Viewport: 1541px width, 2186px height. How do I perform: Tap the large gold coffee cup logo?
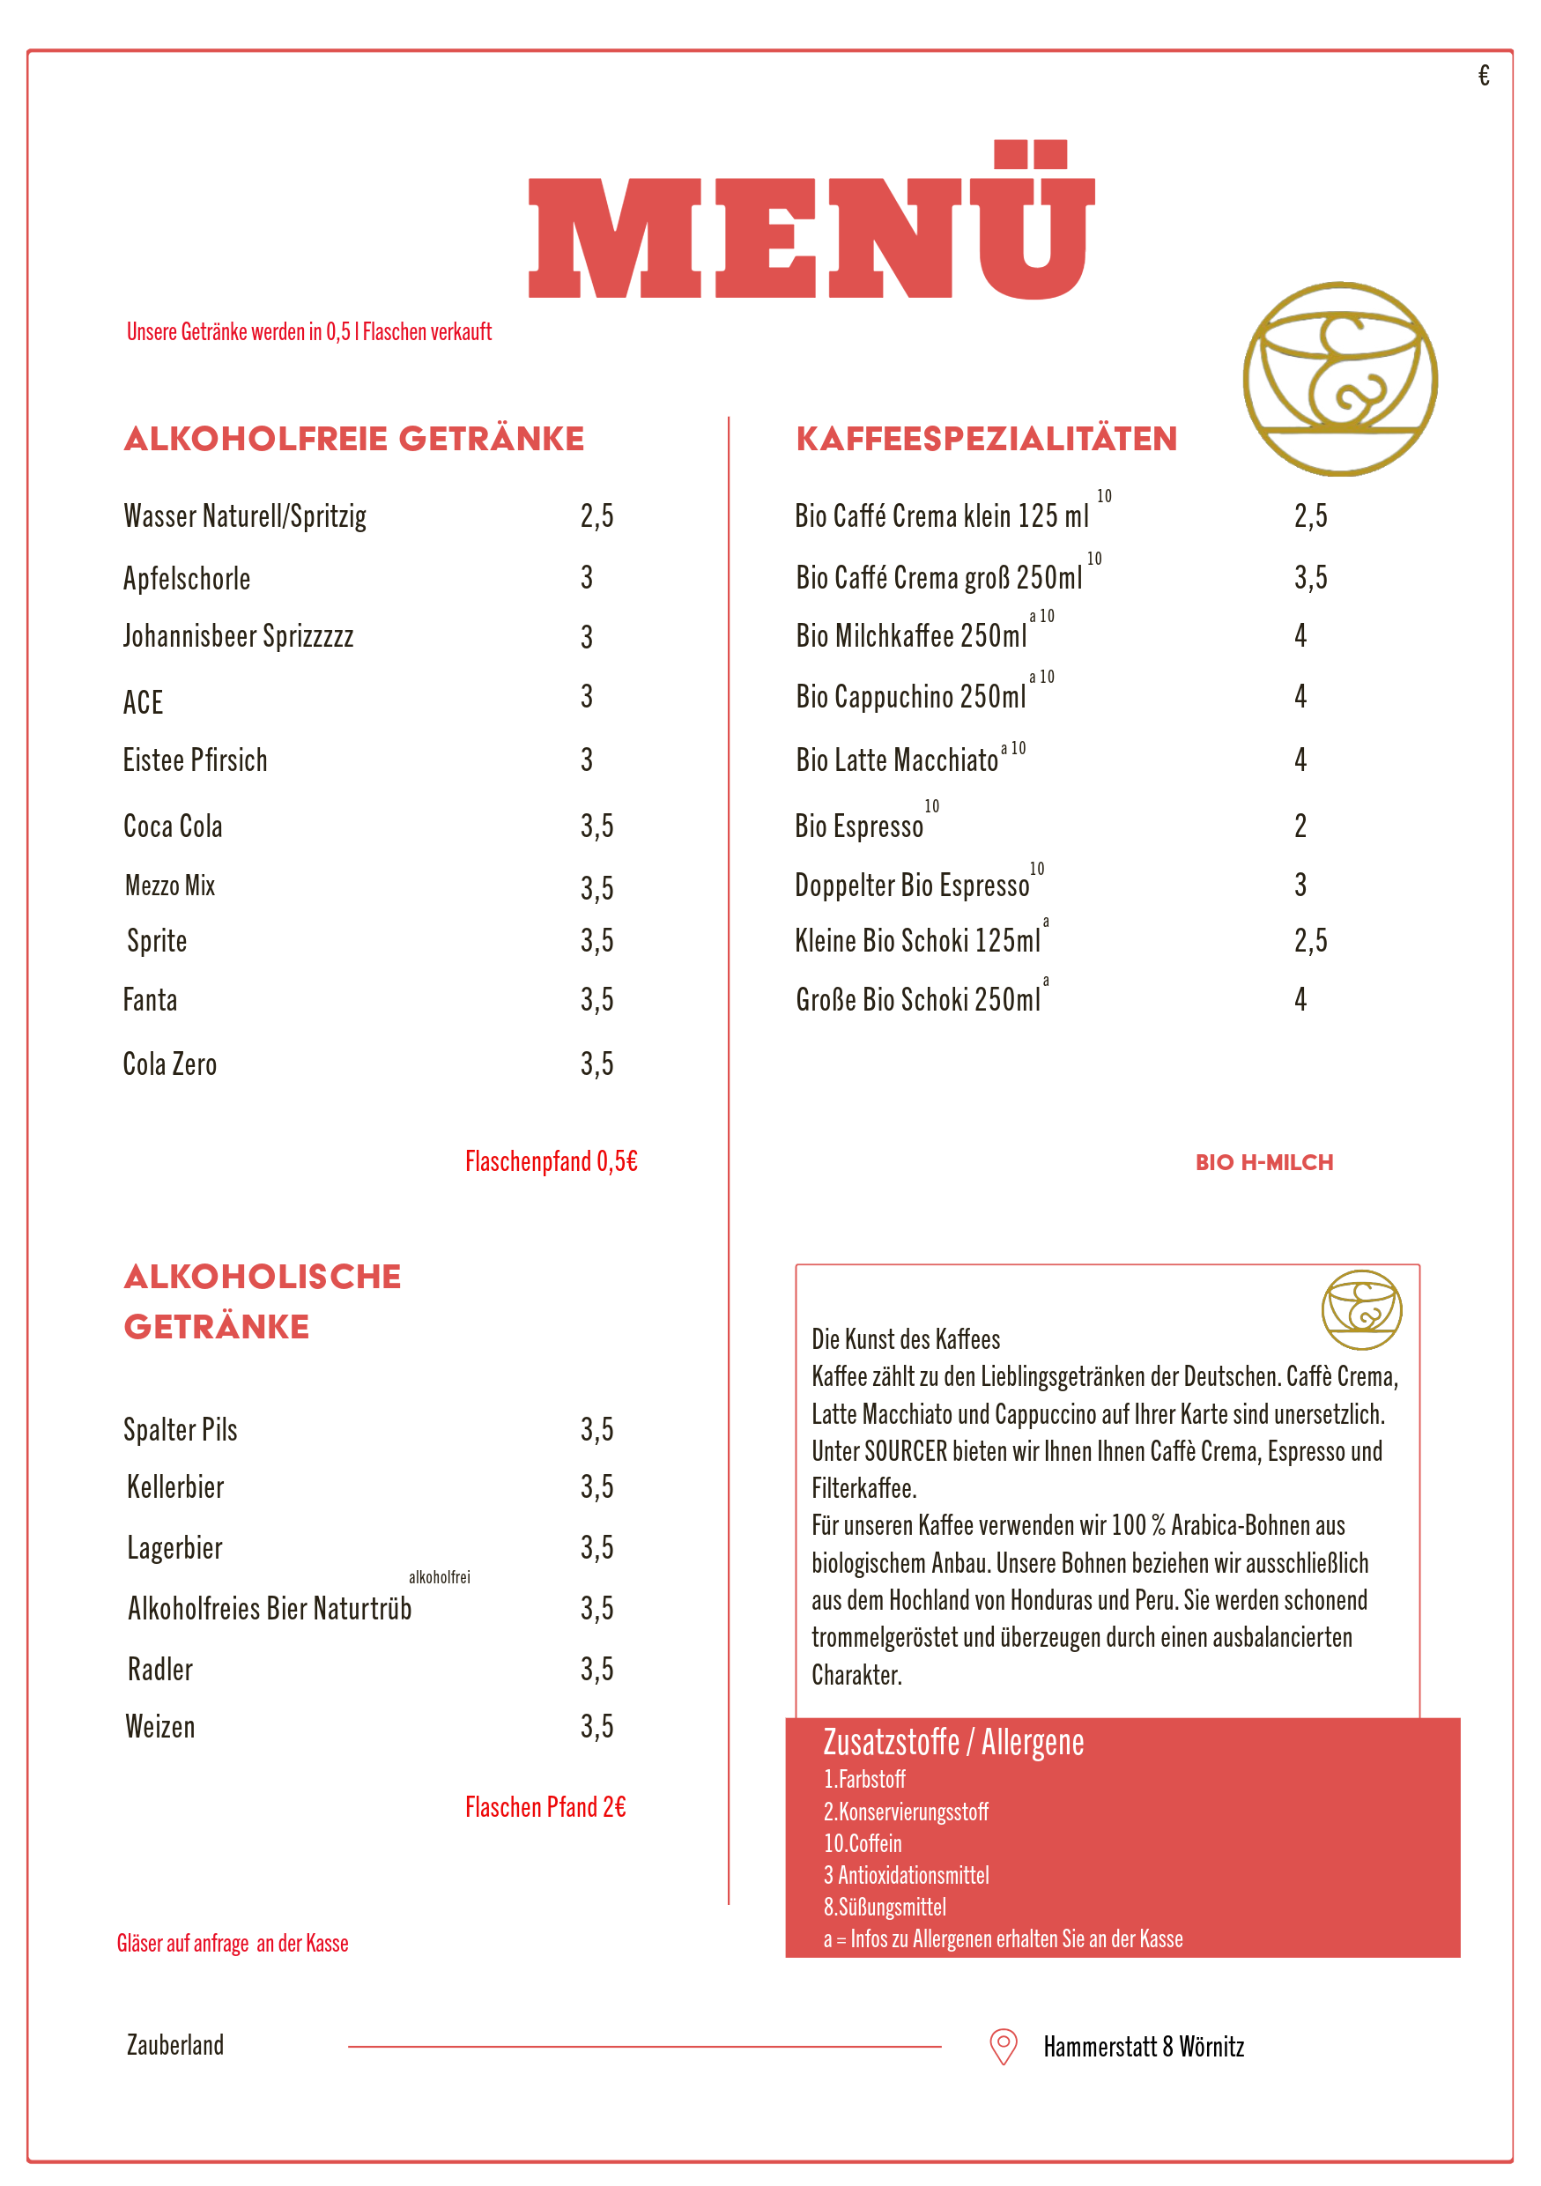[1339, 379]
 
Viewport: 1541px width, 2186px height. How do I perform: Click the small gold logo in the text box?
[1361, 1309]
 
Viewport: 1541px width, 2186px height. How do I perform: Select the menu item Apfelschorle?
[187, 578]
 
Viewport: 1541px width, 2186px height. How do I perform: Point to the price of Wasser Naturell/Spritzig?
[596, 516]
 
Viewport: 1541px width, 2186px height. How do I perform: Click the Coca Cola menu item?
[174, 826]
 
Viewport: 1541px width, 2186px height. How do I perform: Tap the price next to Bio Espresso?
[1300, 826]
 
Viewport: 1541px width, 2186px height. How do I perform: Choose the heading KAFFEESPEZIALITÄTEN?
[986, 439]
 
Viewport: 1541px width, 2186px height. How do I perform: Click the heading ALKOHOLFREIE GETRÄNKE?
[354, 439]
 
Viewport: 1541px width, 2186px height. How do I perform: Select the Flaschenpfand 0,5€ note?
[551, 1161]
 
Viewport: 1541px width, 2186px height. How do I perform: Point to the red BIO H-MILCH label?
[1264, 1162]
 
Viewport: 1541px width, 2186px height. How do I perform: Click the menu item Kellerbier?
[176, 1487]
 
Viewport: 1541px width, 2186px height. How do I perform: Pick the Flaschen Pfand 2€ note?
[545, 1807]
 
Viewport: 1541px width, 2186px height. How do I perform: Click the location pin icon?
[1004, 2045]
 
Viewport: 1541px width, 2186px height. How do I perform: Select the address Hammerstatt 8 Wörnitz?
[1143, 2047]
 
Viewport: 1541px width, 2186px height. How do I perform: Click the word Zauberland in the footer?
[176, 2045]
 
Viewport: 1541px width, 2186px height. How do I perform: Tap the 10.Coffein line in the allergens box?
[863, 1843]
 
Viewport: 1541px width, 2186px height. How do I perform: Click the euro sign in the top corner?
[1484, 75]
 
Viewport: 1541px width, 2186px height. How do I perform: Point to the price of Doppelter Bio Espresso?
[1300, 886]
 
